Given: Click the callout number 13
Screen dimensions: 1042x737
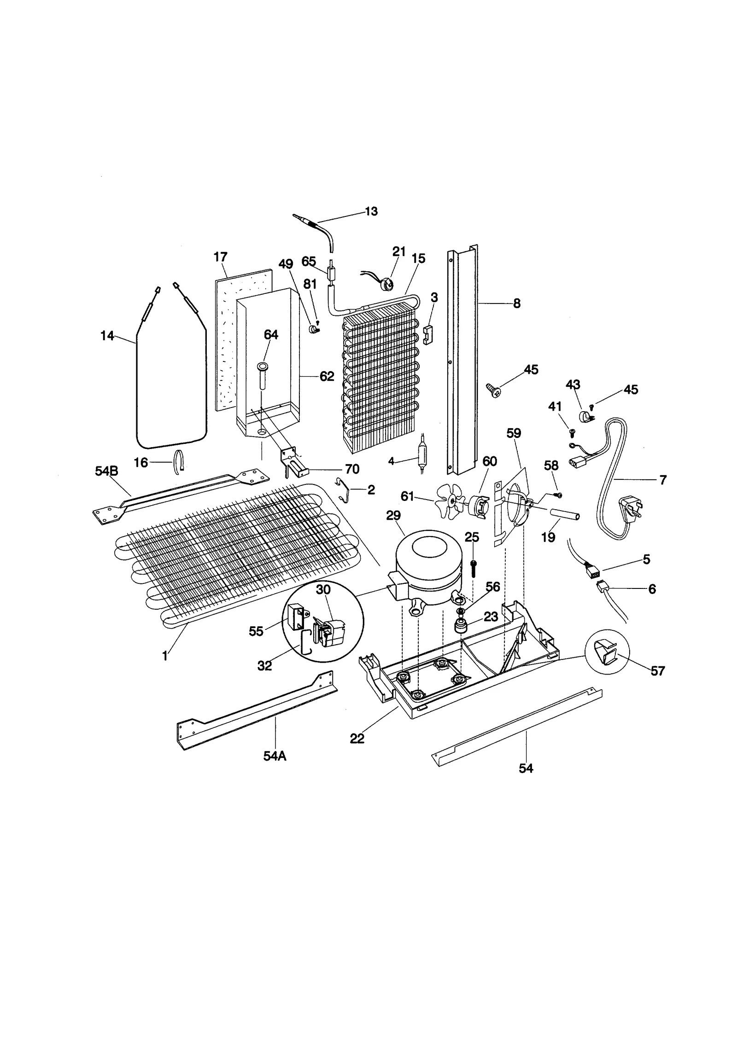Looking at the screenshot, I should click(x=371, y=211).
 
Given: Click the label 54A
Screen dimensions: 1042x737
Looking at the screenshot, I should click(x=275, y=756).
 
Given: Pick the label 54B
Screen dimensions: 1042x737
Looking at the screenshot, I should click(x=106, y=471).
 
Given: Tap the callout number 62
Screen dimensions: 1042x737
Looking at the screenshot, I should click(x=327, y=377).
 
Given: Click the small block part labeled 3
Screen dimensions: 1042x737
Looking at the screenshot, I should click(x=429, y=334).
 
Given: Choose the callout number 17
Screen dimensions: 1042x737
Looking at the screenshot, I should click(x=221, y=257).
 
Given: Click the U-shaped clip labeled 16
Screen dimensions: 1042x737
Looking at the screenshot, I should click(x=179, y=461).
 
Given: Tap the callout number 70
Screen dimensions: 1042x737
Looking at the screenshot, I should click(x=352, y=469).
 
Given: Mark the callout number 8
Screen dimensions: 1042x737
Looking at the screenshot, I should click(x=516, y=303).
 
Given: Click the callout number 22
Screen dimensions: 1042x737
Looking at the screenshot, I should click(x=357, y=738).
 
